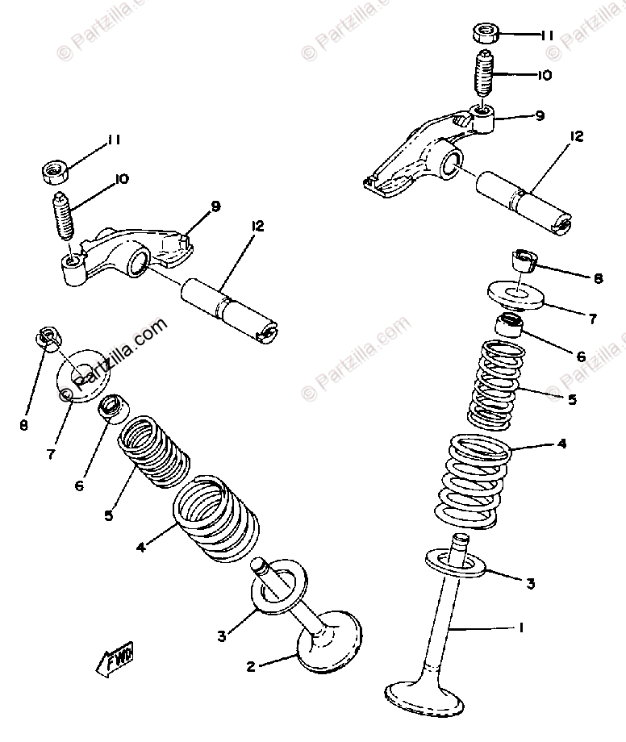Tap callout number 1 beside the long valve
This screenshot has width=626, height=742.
(523, 627)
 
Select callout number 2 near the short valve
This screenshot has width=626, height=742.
(252, 667)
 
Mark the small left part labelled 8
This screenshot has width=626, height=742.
(46, 340)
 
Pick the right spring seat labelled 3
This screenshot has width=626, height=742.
(457, 562)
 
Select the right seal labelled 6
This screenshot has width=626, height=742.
(510, 327)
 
